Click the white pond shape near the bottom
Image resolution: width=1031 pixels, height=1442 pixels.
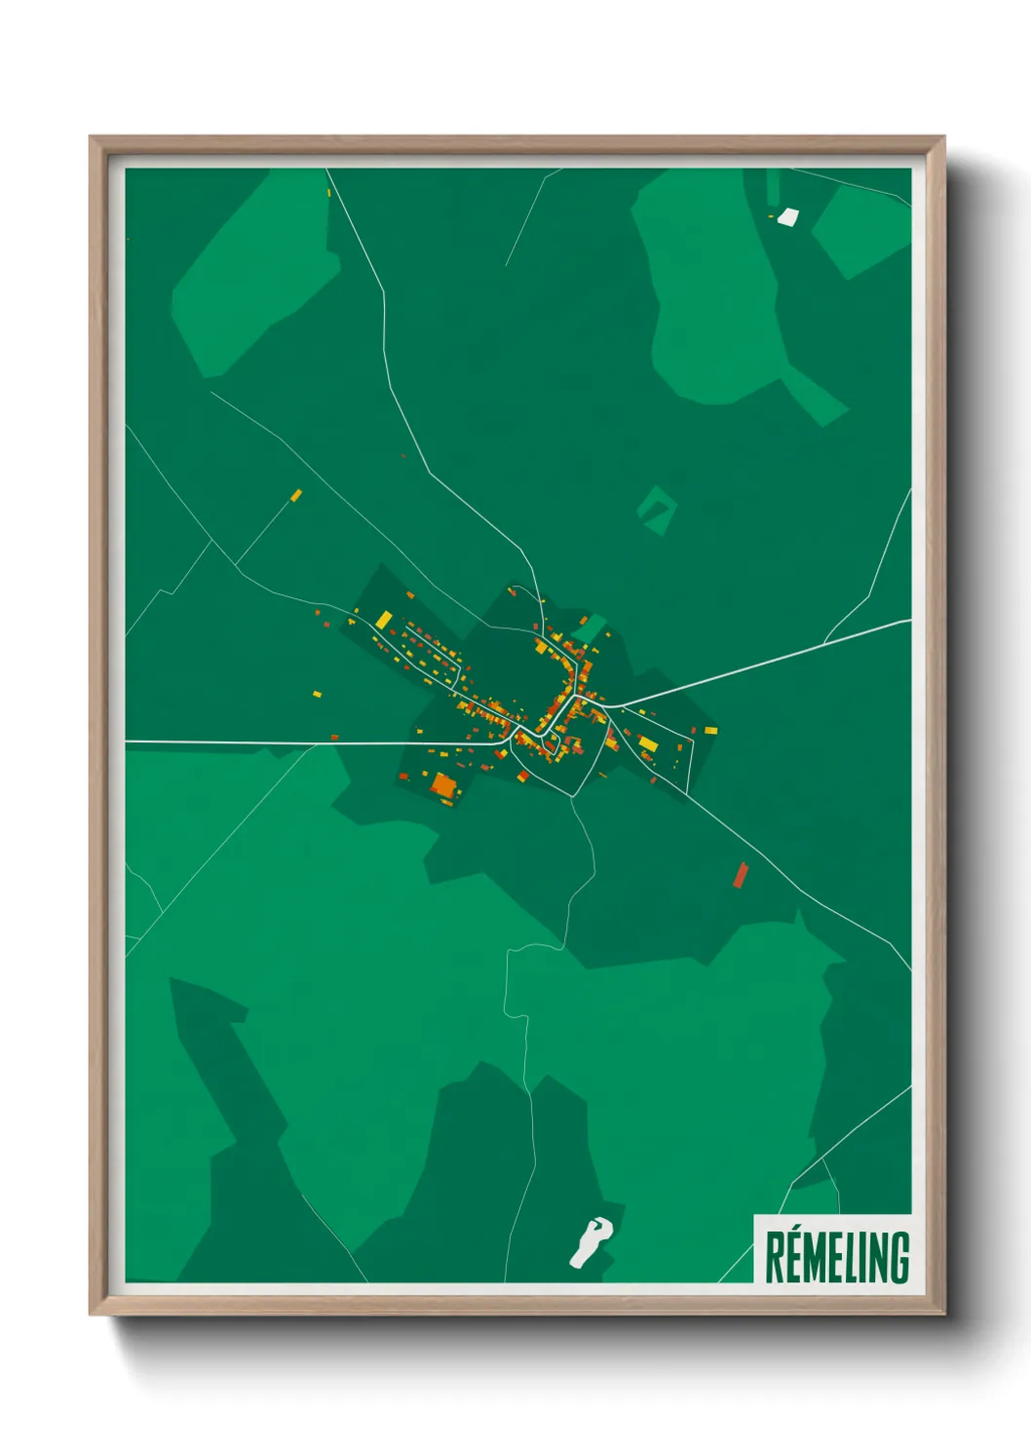pyautogui.click(x=590, y=1241)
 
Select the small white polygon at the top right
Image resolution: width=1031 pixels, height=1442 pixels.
pyautogui.click(x=787, y=216)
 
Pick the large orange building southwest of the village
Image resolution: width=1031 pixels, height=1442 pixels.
pyautogui.click(x=443, y=785)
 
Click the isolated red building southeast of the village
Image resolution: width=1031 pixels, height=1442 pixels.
pyautogui.click(x=741, y=876)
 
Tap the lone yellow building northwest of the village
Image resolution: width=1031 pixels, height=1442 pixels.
pyautogui.click(x=296, y=496)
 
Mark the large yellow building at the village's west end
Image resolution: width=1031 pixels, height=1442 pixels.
pyautogui.click(x=384, y=620)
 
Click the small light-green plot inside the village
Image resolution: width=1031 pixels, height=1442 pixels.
pyautogui.click(x=590, y=628)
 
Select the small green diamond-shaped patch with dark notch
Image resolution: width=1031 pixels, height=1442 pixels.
pyautogui.click(x=656, y=510)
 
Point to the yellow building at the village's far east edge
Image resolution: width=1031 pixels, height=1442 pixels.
pyautogui.click(x=710, y=730)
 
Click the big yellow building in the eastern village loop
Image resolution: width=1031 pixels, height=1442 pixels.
pyautogui.click(x=648, y=744)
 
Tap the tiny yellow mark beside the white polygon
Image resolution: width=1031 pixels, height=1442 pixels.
pyautogui.click(x=771, y=215)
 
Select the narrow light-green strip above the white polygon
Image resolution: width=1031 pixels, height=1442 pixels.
pyautogui.click(x=773, y=187)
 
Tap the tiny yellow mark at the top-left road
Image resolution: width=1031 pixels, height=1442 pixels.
pyautogui.click(x=329, y=192)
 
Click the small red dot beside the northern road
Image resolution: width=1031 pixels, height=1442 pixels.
pyautogui.click(x=402, y=455)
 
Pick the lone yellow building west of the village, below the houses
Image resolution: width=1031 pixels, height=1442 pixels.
pyautogui.click(x=317, y=694)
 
